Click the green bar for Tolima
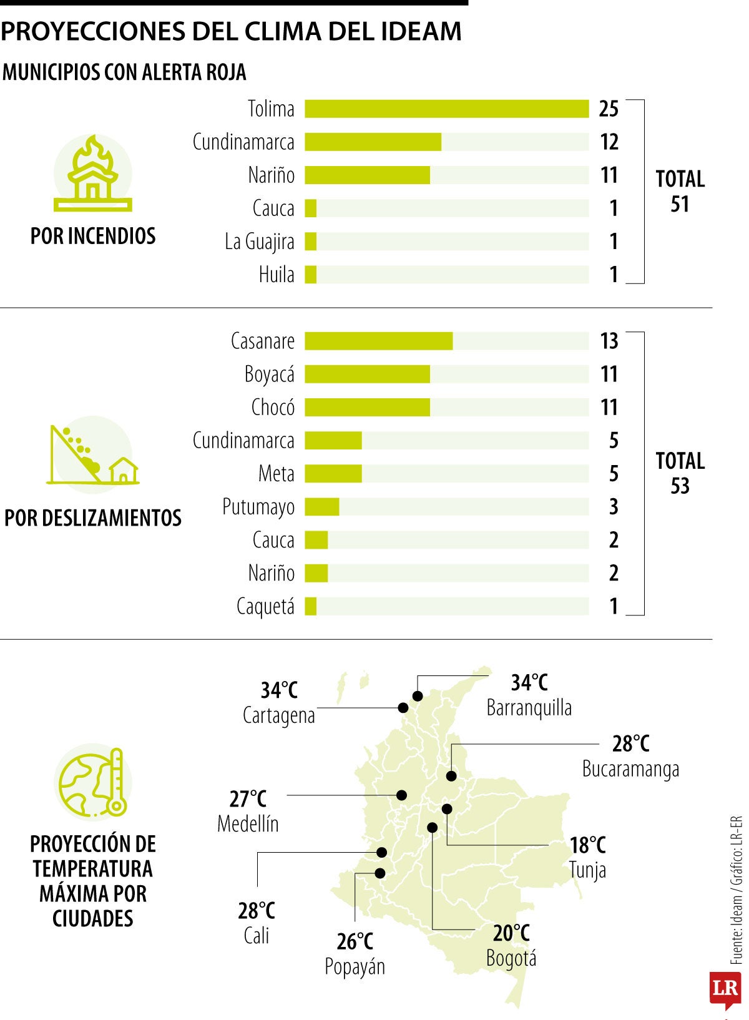click(x=447, y=109)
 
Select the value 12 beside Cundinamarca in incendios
click(x=609, y=142)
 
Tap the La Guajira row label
click(x=260, y=242)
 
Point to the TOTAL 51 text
click(x=680, y=191)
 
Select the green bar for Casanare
click(x=379, y=341)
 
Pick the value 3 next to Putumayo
click(x=614, y=507)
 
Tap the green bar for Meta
click(x=333, y=474)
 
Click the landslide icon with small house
click(x=93, y=454)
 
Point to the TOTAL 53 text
click(x=680, y=474)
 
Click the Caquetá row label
click(x=265, y=607)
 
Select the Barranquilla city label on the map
click(x=529, y=708)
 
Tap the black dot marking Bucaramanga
click(x=451, y=776)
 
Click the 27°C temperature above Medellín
click(x=248, y=799)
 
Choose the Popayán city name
click(x=355, y=967)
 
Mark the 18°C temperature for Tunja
click(x=588, y=846)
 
